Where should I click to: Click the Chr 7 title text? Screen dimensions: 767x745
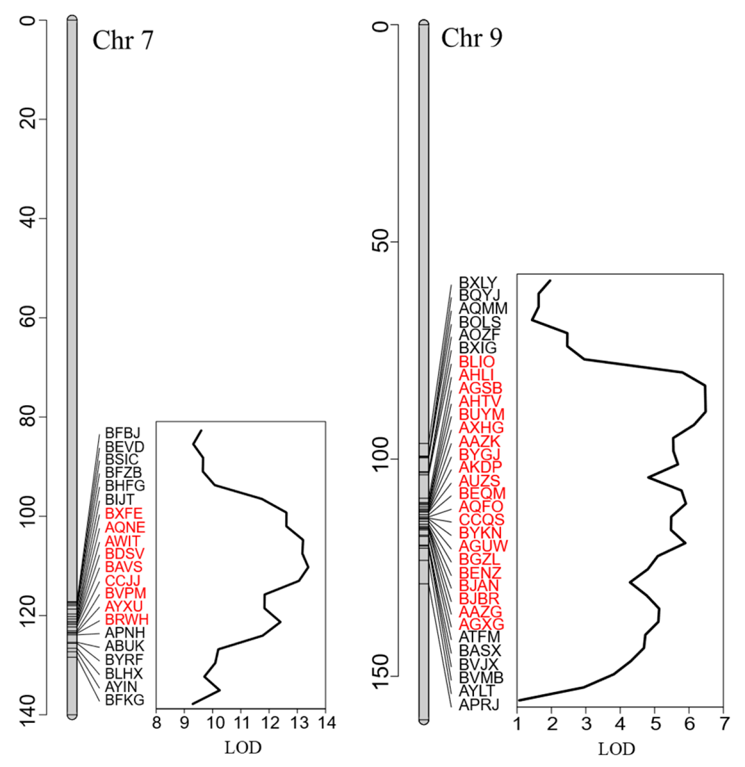click(x=122, y=41)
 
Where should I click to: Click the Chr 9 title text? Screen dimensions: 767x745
click(x=471, y=38)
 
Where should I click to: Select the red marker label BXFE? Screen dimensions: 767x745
click(x=123, y=513)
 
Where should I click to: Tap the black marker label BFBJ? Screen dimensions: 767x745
click(x=122, y=433)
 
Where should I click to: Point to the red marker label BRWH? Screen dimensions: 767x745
click(x=127, y=620)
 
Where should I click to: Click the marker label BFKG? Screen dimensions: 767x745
click(x=124, y=700)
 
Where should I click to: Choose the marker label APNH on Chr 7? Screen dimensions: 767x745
click(x=124, y=632)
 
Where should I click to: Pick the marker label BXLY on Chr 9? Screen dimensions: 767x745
click(x=478, y=283)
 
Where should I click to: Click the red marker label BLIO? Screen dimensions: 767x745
click(x=477, y=362)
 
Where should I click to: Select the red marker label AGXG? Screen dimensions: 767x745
click(x=481, y=625)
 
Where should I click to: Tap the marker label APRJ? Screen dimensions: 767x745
click(x=479, y=704)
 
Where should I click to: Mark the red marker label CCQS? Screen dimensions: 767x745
click(x=481, y=520)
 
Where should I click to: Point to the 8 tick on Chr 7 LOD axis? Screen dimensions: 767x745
click(x=157, y=723)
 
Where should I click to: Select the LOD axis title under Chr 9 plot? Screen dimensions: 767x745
click(x=616, y=749)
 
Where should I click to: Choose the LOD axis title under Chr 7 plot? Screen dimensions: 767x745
click(x=243, y=747)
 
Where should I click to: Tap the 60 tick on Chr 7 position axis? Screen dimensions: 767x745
click(x=30, y=318)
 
